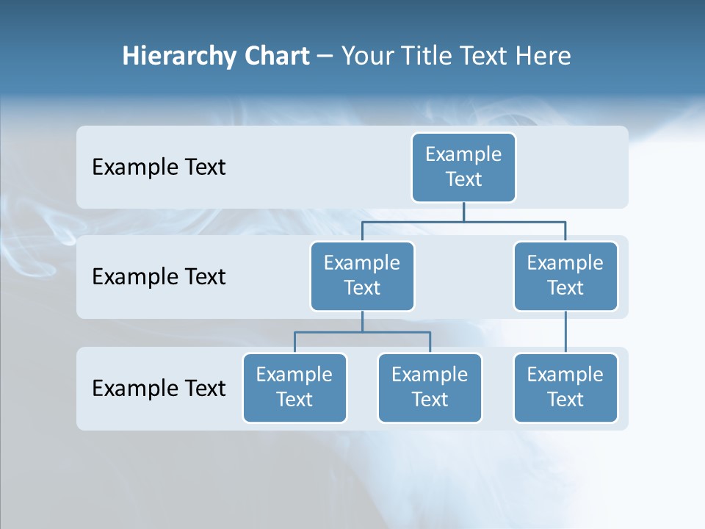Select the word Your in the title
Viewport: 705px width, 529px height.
367,56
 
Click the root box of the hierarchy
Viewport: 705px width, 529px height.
463,167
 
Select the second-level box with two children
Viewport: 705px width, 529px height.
362,276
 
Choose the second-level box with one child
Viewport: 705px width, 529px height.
565,276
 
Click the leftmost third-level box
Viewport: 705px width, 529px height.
294,387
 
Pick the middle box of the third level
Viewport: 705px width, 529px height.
430,387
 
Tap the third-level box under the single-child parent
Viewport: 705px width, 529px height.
565,387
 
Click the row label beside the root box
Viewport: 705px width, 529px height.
159,167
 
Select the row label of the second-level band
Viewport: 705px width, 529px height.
159,277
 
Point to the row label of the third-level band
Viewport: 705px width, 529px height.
159,388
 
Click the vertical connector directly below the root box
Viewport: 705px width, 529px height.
463,212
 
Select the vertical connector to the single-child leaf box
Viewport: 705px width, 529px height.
565,332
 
